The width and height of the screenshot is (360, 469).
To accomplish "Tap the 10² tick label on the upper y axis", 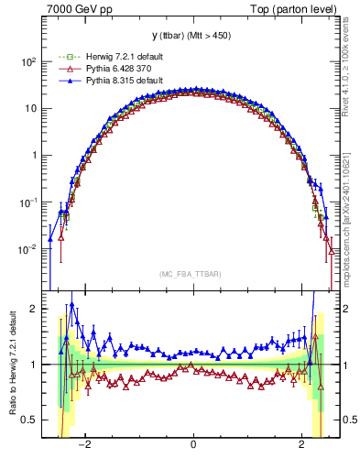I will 27,61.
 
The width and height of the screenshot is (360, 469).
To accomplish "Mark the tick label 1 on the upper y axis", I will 33,155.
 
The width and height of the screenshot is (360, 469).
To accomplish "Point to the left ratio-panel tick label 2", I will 34,309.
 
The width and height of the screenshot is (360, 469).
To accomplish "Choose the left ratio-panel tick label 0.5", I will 29,420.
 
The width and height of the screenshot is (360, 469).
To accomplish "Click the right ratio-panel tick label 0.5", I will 350,420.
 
